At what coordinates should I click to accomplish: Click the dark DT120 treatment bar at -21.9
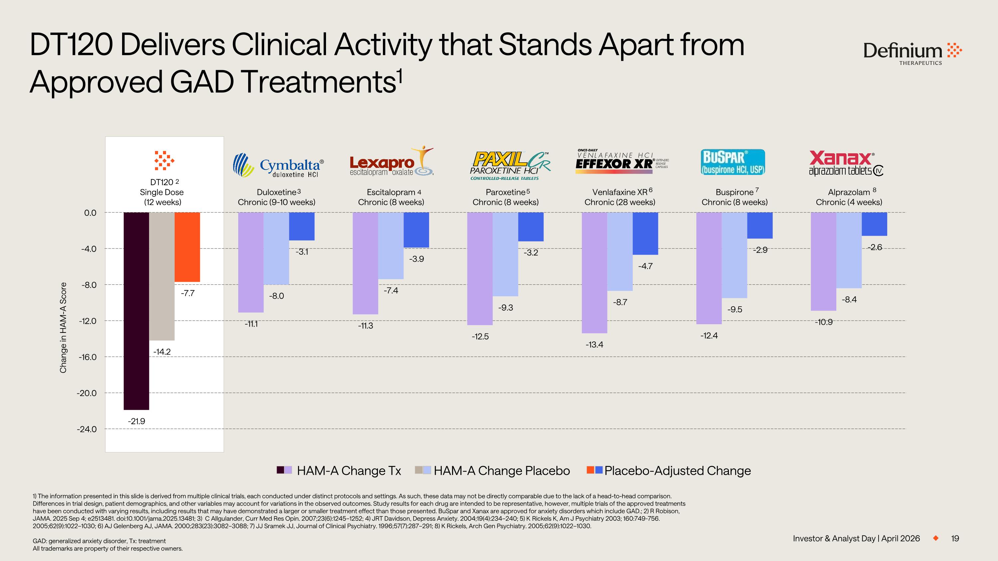pos(136,311)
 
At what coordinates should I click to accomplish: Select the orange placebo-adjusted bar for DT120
pos(187,247)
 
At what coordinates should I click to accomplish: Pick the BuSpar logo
pos(733,162)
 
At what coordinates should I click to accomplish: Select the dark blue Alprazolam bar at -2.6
pos(874,224)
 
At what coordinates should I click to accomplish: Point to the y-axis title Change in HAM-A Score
pos(63,328)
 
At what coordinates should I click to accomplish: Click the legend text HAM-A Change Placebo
pos(502,471)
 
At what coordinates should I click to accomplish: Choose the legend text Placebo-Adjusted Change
pos(677,471)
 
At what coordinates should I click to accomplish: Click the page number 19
pos(955,538)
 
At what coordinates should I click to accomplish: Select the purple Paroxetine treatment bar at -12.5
pos(480,268)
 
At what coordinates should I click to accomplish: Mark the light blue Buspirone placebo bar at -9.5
pos(734,255)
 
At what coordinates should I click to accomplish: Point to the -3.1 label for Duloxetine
pos(302,252)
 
